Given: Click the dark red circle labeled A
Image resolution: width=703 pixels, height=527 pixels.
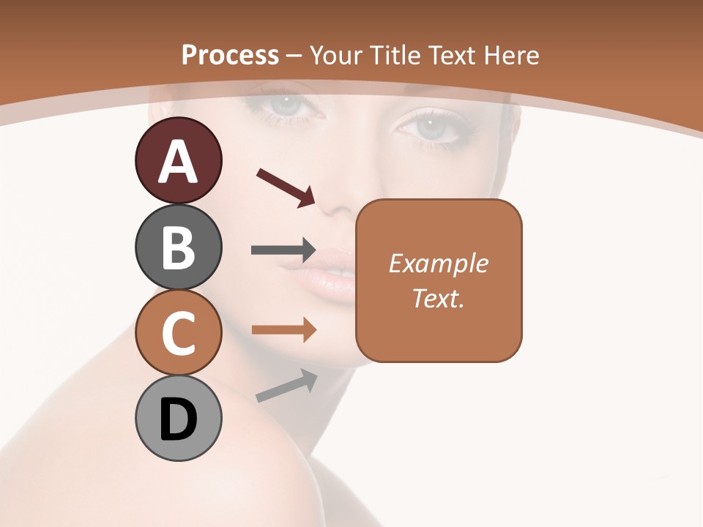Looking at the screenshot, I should pos(178,160).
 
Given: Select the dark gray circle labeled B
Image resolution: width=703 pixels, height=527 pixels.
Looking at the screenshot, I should pos(178,247).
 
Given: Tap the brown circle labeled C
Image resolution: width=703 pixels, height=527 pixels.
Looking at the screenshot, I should pos(178,333).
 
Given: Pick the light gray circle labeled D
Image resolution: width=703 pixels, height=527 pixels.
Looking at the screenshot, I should pos(178,419).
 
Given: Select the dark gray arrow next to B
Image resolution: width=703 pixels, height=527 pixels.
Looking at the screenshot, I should pos(283,250).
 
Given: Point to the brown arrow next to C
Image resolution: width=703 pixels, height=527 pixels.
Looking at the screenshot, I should pos(283,330).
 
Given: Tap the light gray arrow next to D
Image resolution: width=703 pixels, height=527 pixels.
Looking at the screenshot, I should pos(286,386).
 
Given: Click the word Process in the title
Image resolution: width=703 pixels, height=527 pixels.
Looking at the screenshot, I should pos(230,56).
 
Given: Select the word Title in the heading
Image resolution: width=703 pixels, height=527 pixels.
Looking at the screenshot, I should pos(398,56).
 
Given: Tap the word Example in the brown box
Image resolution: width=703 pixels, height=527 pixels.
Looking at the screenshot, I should pos(438,263).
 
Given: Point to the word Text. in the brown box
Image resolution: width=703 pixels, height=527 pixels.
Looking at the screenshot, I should pos(438,298).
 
